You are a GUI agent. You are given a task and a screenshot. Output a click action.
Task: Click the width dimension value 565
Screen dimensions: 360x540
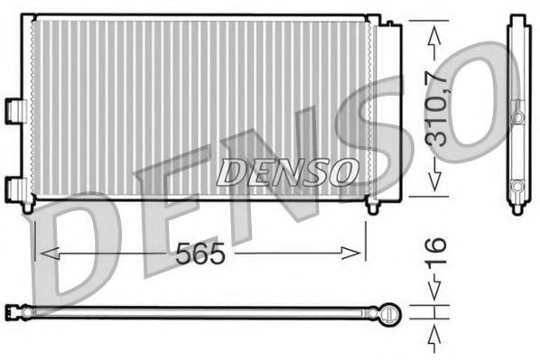coord(199,254)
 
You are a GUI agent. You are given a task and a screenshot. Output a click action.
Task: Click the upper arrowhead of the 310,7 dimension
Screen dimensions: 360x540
coord(435,34)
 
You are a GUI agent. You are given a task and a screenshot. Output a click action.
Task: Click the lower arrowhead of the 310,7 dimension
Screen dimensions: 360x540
coord(435,183)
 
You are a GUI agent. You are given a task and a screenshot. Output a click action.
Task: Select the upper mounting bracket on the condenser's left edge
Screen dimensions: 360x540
coord(14,108)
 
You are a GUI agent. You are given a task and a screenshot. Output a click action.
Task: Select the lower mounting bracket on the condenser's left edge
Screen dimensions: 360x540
coord(14,187)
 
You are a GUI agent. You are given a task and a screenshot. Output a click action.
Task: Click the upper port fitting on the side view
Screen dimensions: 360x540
coord(517,117)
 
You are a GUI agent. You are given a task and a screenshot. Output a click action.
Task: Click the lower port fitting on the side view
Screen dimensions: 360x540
coord(517,187)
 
